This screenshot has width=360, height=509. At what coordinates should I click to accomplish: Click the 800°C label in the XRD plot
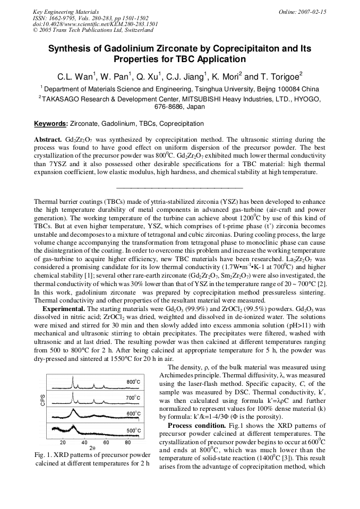[133, 382]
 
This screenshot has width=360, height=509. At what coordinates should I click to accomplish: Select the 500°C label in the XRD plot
[133, 430]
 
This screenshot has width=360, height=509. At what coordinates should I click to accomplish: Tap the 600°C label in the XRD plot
[133, 413]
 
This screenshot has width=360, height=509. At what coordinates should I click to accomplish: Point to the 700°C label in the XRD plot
[133, 398]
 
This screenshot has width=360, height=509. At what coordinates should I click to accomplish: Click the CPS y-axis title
[42, 400]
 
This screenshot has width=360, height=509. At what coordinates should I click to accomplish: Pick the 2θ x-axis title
[92, 448]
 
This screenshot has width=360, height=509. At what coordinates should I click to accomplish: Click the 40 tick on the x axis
[84, 442]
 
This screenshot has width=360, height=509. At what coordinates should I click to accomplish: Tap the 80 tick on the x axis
[128, 442]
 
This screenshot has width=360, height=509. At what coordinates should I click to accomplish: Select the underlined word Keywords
[50, 124]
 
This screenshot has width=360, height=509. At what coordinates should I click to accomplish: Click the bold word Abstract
[48, 140]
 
